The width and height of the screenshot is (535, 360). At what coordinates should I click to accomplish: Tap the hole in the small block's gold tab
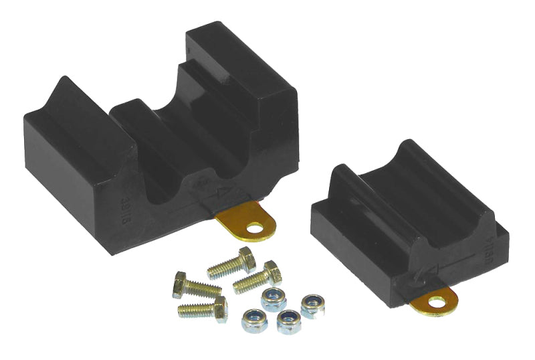point(437,302)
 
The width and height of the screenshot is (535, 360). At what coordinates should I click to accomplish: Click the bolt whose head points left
point(196,286)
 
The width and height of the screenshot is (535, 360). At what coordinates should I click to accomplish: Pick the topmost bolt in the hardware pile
point(231,264)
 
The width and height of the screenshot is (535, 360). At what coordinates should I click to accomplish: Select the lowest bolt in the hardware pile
point(202,308)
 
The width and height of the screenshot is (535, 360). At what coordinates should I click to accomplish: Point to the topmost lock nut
point(274,298)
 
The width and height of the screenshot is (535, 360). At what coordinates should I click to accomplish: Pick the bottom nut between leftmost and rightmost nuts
point(289,322)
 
